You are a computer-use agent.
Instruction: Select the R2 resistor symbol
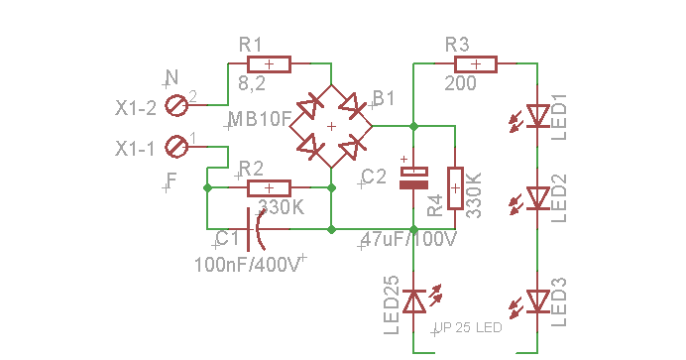click(268, 187)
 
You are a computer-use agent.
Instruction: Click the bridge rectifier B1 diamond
click(331, 126)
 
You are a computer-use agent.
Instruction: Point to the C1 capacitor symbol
click(256, 229)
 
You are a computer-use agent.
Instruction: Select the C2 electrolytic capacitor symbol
click(413, 178)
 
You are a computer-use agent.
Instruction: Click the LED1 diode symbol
click(537, 116)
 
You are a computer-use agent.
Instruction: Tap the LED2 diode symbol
click(537, 198)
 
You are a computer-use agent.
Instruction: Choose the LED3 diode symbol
click(537, 300)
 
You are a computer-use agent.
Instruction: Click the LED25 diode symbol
click(413, 300)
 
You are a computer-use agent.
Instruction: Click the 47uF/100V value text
click(407, 240)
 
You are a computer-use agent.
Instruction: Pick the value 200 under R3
click(460, 84)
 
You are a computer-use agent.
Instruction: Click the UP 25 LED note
click(468, 327)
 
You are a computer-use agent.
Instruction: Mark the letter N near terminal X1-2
click(171, 77)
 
